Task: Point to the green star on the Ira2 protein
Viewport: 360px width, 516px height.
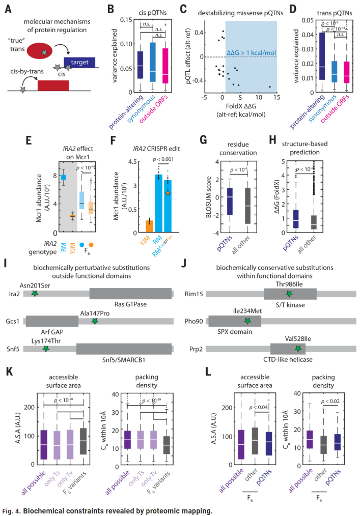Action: (x=34, y=294)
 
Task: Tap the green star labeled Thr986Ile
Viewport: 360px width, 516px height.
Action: (x=289, y=294)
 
